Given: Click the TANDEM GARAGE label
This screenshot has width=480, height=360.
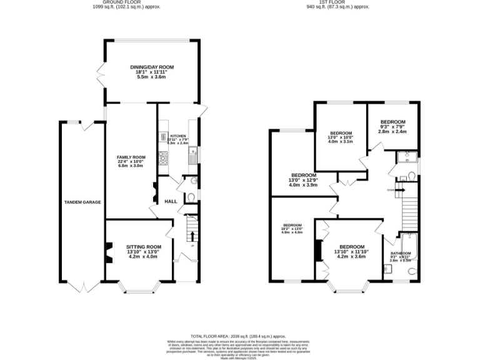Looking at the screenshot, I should (x=82, y=202).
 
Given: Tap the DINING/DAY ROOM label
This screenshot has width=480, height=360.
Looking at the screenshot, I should (x=151, y=67).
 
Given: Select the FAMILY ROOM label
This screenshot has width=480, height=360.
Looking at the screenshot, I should (x=131, y=157).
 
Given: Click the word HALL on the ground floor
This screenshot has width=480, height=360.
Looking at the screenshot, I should (x=171, y=201).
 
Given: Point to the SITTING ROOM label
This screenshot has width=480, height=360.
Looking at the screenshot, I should (x=143, y=247).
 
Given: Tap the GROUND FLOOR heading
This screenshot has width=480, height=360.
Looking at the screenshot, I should (x=126, y=2).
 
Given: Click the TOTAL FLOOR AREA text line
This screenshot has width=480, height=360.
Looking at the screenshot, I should (x=239, y=336).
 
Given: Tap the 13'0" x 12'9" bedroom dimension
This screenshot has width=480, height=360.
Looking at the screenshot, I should (x=303, y=181).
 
